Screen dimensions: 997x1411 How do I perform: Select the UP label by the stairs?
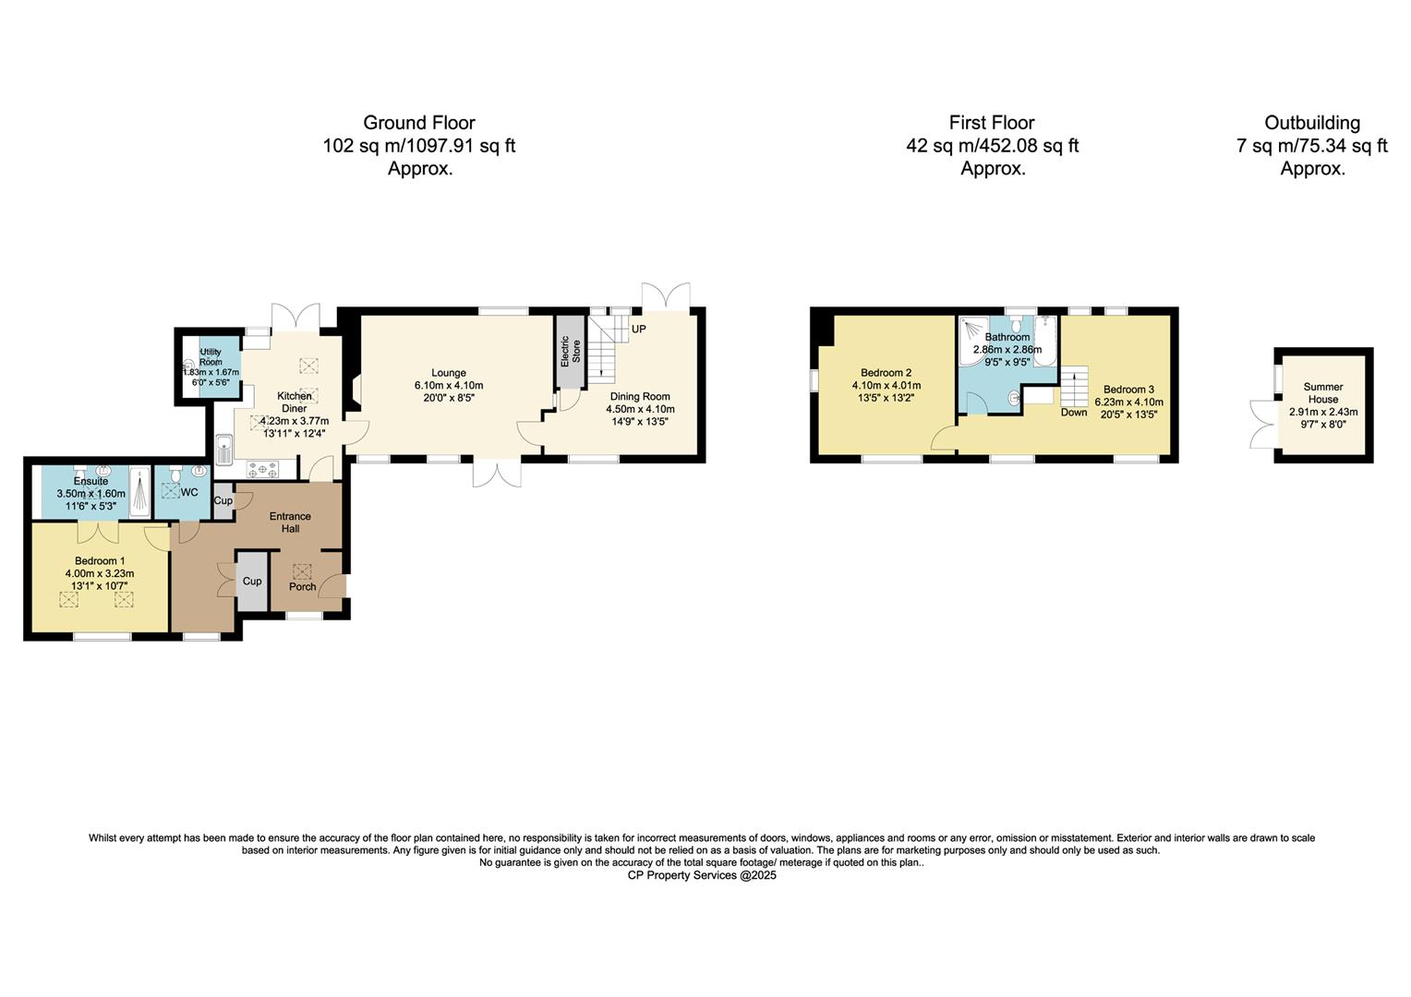[638, 329]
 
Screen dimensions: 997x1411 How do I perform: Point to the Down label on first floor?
[1073, 412]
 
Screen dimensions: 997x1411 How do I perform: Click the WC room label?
[189, 492]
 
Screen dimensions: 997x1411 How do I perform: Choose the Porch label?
[302, 586]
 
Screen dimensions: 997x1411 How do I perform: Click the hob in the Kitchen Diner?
[264, 469]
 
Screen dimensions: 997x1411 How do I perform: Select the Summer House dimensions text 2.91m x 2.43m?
[1323, 412]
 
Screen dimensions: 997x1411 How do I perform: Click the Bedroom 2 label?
[886, 373]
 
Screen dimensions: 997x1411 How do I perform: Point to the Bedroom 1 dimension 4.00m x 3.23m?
[100, 573]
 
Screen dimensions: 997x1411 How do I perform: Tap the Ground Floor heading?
[419, 123]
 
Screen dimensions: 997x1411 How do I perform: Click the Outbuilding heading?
[1312, 123]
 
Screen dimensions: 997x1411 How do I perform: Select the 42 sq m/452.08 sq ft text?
[993, 146]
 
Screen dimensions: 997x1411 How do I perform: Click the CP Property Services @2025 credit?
[702, 875]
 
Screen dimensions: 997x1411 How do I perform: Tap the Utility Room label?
[211, 357]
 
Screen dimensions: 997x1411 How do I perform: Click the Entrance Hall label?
[290, 523]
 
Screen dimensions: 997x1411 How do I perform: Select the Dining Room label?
[640, 396]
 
